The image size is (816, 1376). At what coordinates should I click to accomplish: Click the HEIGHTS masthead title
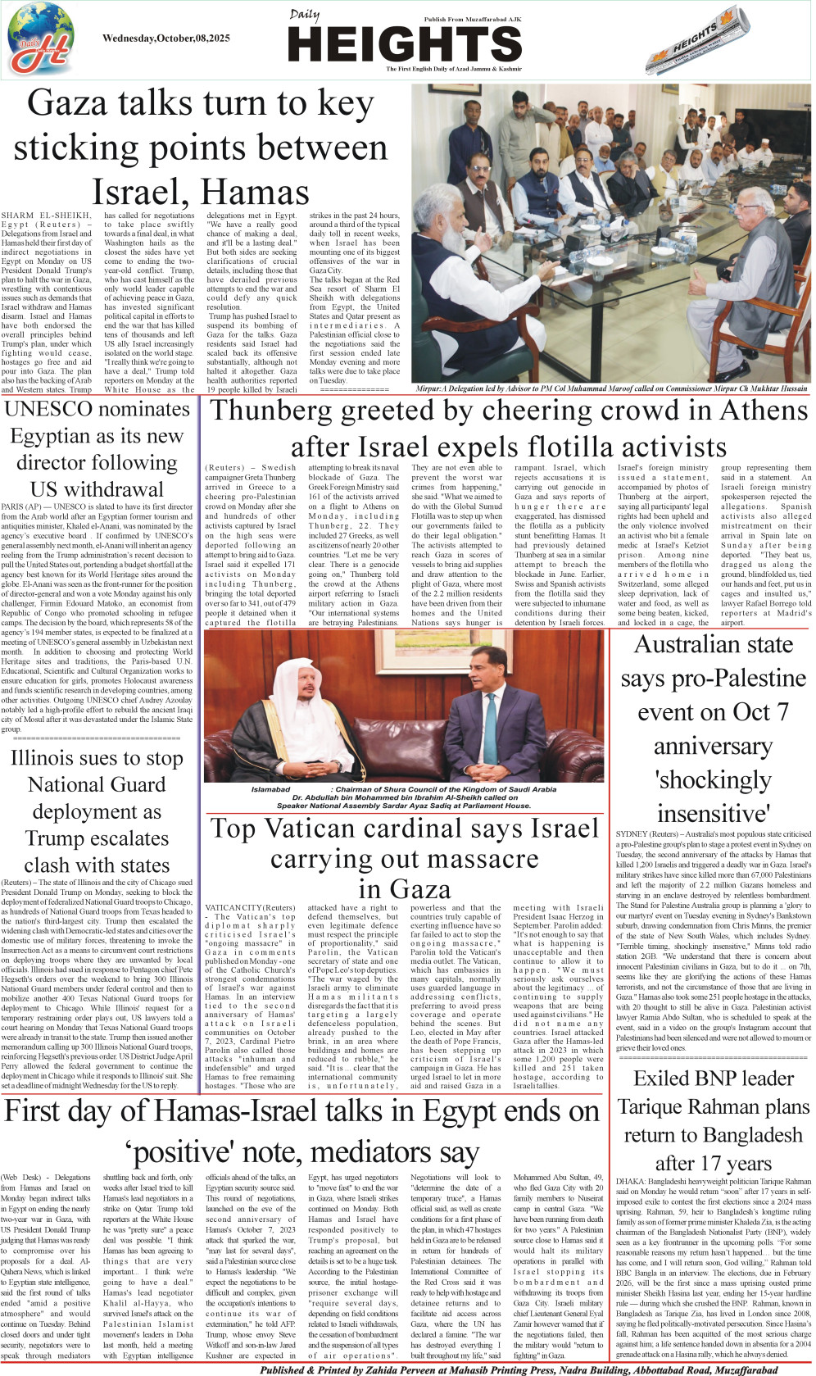pos(405,44)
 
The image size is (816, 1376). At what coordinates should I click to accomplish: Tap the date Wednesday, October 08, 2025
pos(166,38)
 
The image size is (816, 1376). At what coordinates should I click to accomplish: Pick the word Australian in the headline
pos(713,644)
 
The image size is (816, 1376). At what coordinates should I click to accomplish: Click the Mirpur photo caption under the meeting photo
pos(611,388)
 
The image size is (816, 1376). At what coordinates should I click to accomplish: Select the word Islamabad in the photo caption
pos(270,789)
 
